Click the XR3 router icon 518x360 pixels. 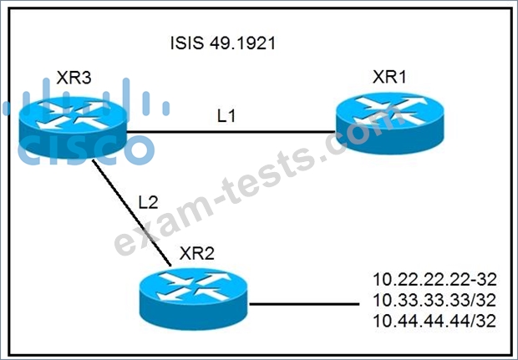(x=73, y=127)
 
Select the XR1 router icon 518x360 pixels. (x=389, y=123)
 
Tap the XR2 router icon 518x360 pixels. (x=194, y=299)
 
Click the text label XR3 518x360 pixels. (x=74, y=79)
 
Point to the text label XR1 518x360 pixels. (x=389, y=77)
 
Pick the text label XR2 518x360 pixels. (x=197, y=253)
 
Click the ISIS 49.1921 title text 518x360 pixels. (x=223, y=43)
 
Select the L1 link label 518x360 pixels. (x=226, y=116)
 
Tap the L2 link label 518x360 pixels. (x=149, y=202)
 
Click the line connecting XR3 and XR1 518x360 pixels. (x=231, y=132)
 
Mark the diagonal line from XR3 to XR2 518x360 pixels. (x=131, y=213)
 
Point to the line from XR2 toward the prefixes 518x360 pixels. (x=304, y=304)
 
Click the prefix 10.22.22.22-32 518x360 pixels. (x=434, y=280)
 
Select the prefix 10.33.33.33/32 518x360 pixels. (x=434, y=300)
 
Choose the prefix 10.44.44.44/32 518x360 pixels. (x=434, y=321)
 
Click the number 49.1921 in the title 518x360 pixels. (x=241, y=43)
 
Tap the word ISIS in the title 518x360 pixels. (x=186, y=43)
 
